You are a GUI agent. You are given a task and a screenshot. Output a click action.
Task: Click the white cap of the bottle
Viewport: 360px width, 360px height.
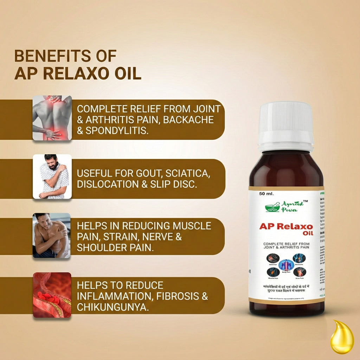click(285, 125)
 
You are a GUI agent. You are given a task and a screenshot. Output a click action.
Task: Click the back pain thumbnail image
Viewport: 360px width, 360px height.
click(52, 118)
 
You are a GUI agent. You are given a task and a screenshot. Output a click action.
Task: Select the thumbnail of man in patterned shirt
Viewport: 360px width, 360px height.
click(52, 176)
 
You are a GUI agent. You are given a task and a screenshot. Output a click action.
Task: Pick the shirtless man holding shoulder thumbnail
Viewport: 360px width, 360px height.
click(52, 235)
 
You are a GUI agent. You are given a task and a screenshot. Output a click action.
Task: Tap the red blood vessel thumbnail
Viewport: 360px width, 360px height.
click(52, 295)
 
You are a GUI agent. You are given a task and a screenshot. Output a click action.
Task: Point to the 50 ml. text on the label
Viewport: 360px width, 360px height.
click(266, 194)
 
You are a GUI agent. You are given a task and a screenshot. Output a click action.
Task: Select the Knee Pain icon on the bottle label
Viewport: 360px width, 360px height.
click(300, 272)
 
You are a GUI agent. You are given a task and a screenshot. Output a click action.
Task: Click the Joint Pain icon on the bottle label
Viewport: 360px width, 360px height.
click(273, 258)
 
